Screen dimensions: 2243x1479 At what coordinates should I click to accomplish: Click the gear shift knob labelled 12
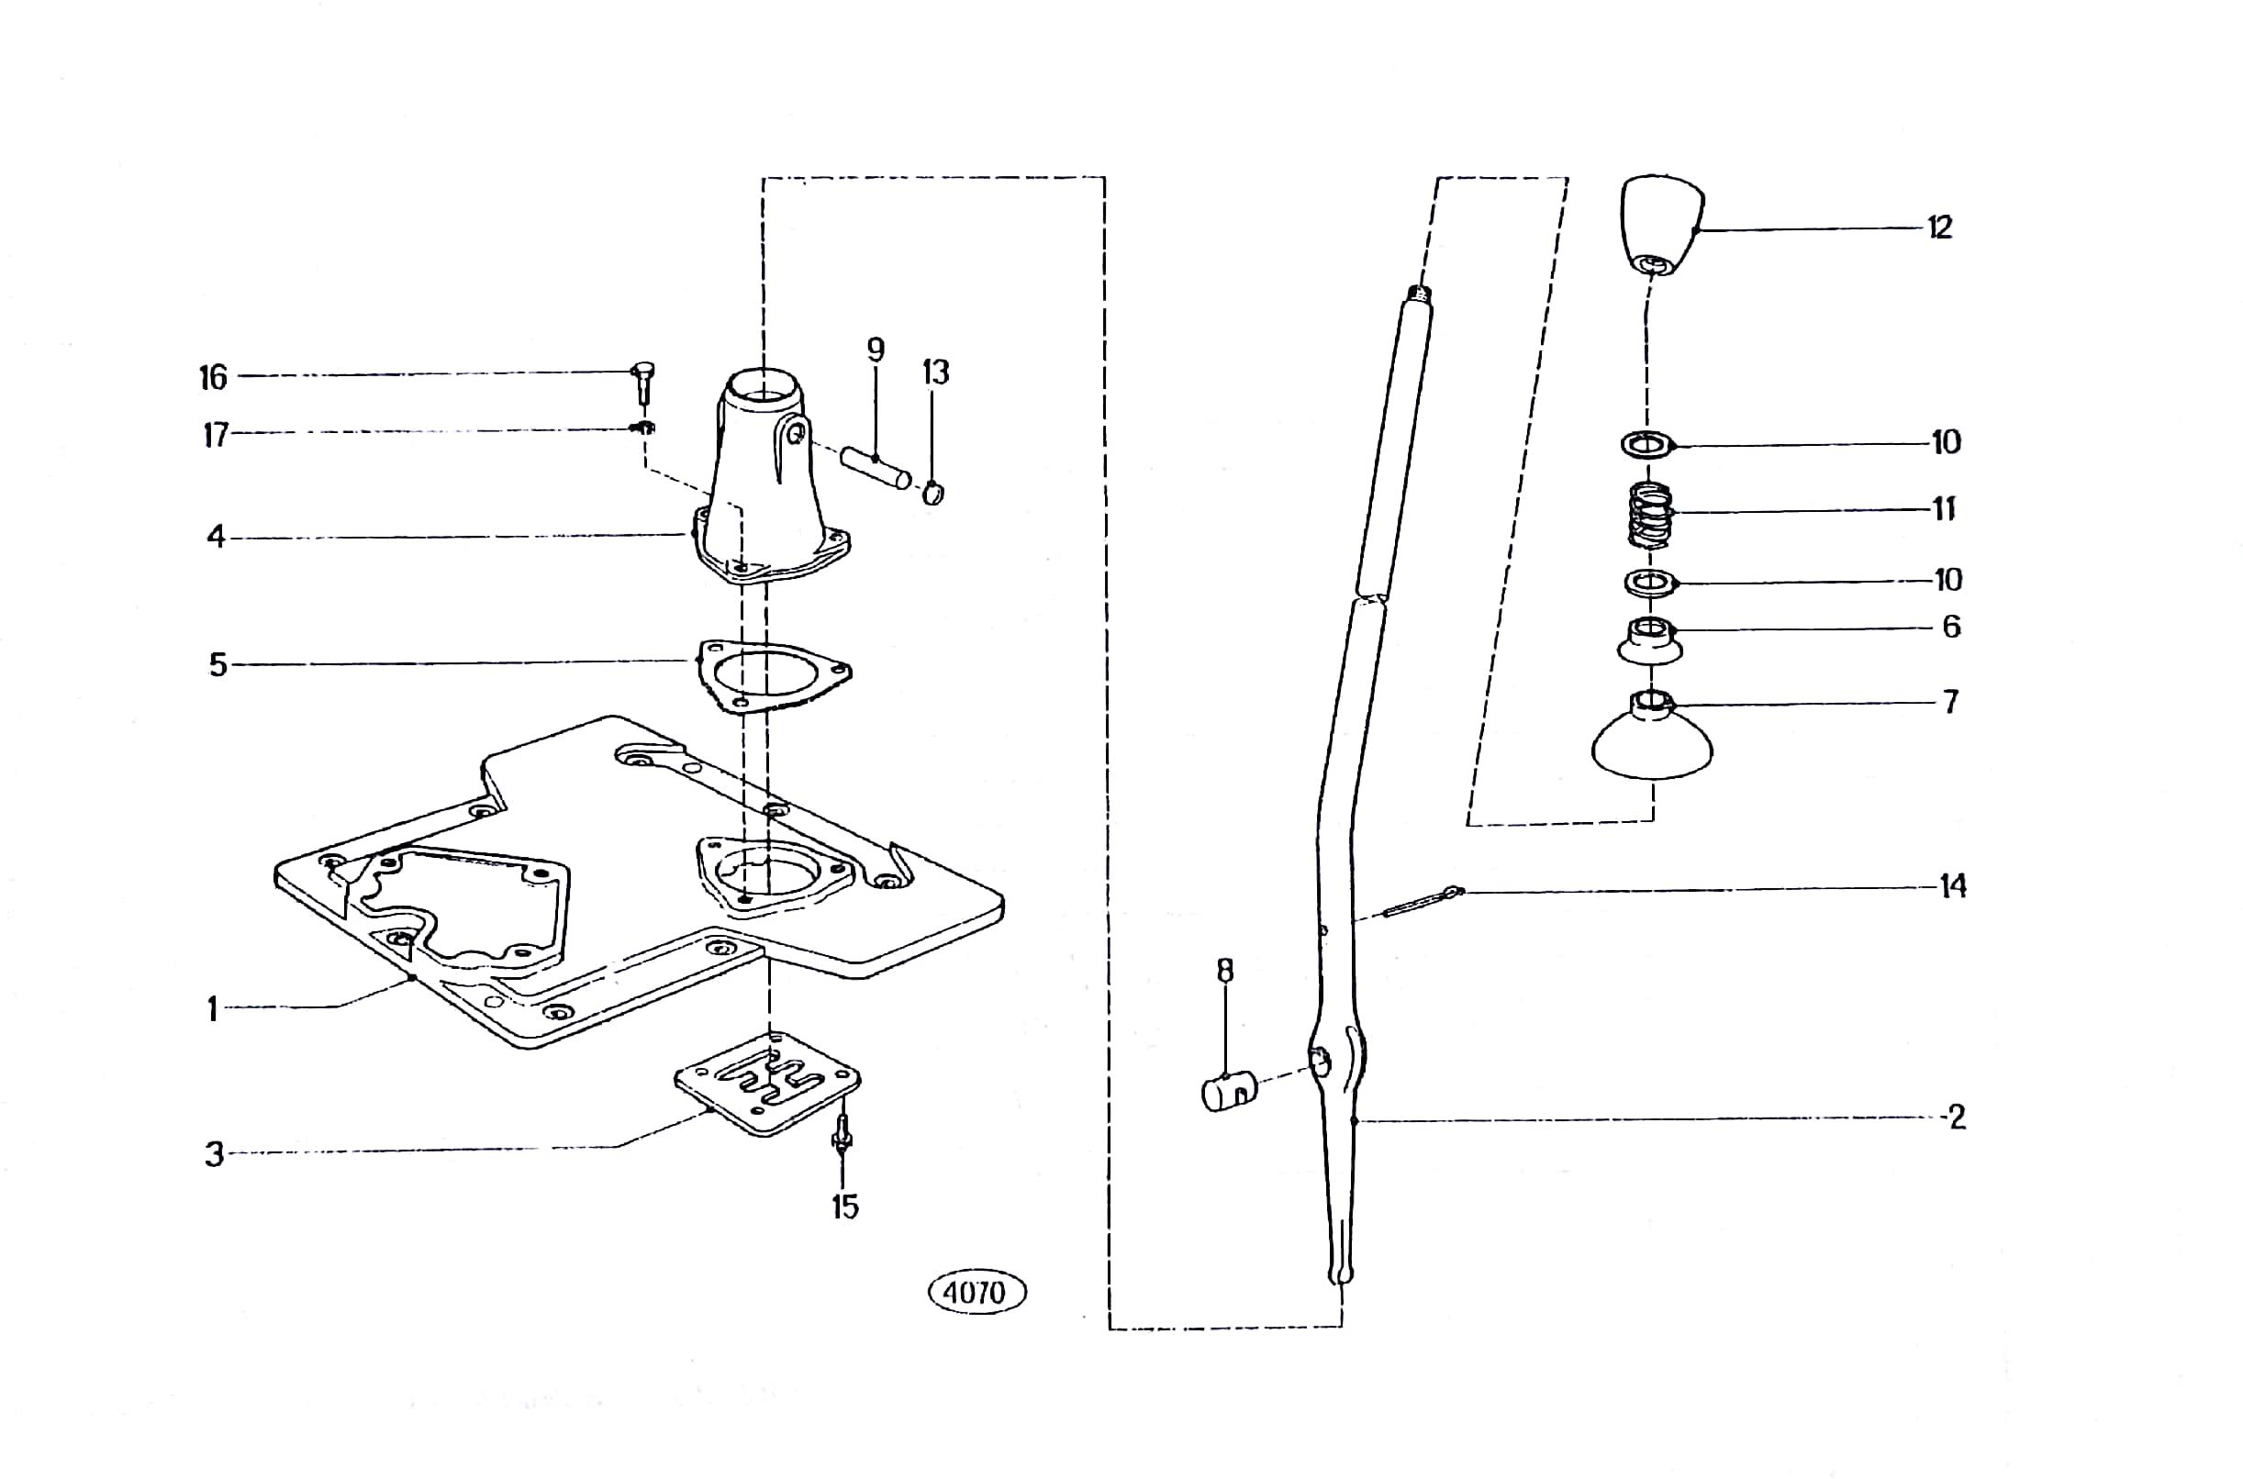pyautogui.click(x=1662, y=225)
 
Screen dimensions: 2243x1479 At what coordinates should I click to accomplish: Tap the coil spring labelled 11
pyautogui.click(x=1651, y=515)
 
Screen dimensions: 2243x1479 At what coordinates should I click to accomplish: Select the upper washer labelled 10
pyautogui.click(x=1647, y=442)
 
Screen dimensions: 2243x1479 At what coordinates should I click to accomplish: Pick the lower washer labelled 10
pyautogui.click(x=1650, y=583)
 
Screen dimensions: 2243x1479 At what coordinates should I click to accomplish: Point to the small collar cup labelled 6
pyautogui.click(x=1650, y=640)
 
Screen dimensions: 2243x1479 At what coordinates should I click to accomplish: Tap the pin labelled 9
pyautogui.click(x=876, y=467)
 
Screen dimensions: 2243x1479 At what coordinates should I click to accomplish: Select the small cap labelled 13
pyautogui.click(x=932, y=493)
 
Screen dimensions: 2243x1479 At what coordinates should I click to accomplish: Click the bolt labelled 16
pyautogui.click(x=644, y=383)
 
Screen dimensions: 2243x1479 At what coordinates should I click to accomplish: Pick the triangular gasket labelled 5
pyautogui.click(x=773, y=676)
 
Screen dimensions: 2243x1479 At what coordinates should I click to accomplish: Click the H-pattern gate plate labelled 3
pyautogui.click(x=767, y=1083)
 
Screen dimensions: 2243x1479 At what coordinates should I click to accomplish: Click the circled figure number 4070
pyautogui.click(x=976, y=1291)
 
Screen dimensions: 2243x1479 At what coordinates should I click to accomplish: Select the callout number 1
pyautogui.click(x=213, y=1010)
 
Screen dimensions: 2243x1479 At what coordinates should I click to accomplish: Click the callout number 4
pyautogui.click(x=216, y=537)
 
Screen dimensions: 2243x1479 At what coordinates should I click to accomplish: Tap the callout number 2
pyautogui.click(x=1958, y=1117)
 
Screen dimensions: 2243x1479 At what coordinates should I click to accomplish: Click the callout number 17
pyautogui.click(x=216, y=435)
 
